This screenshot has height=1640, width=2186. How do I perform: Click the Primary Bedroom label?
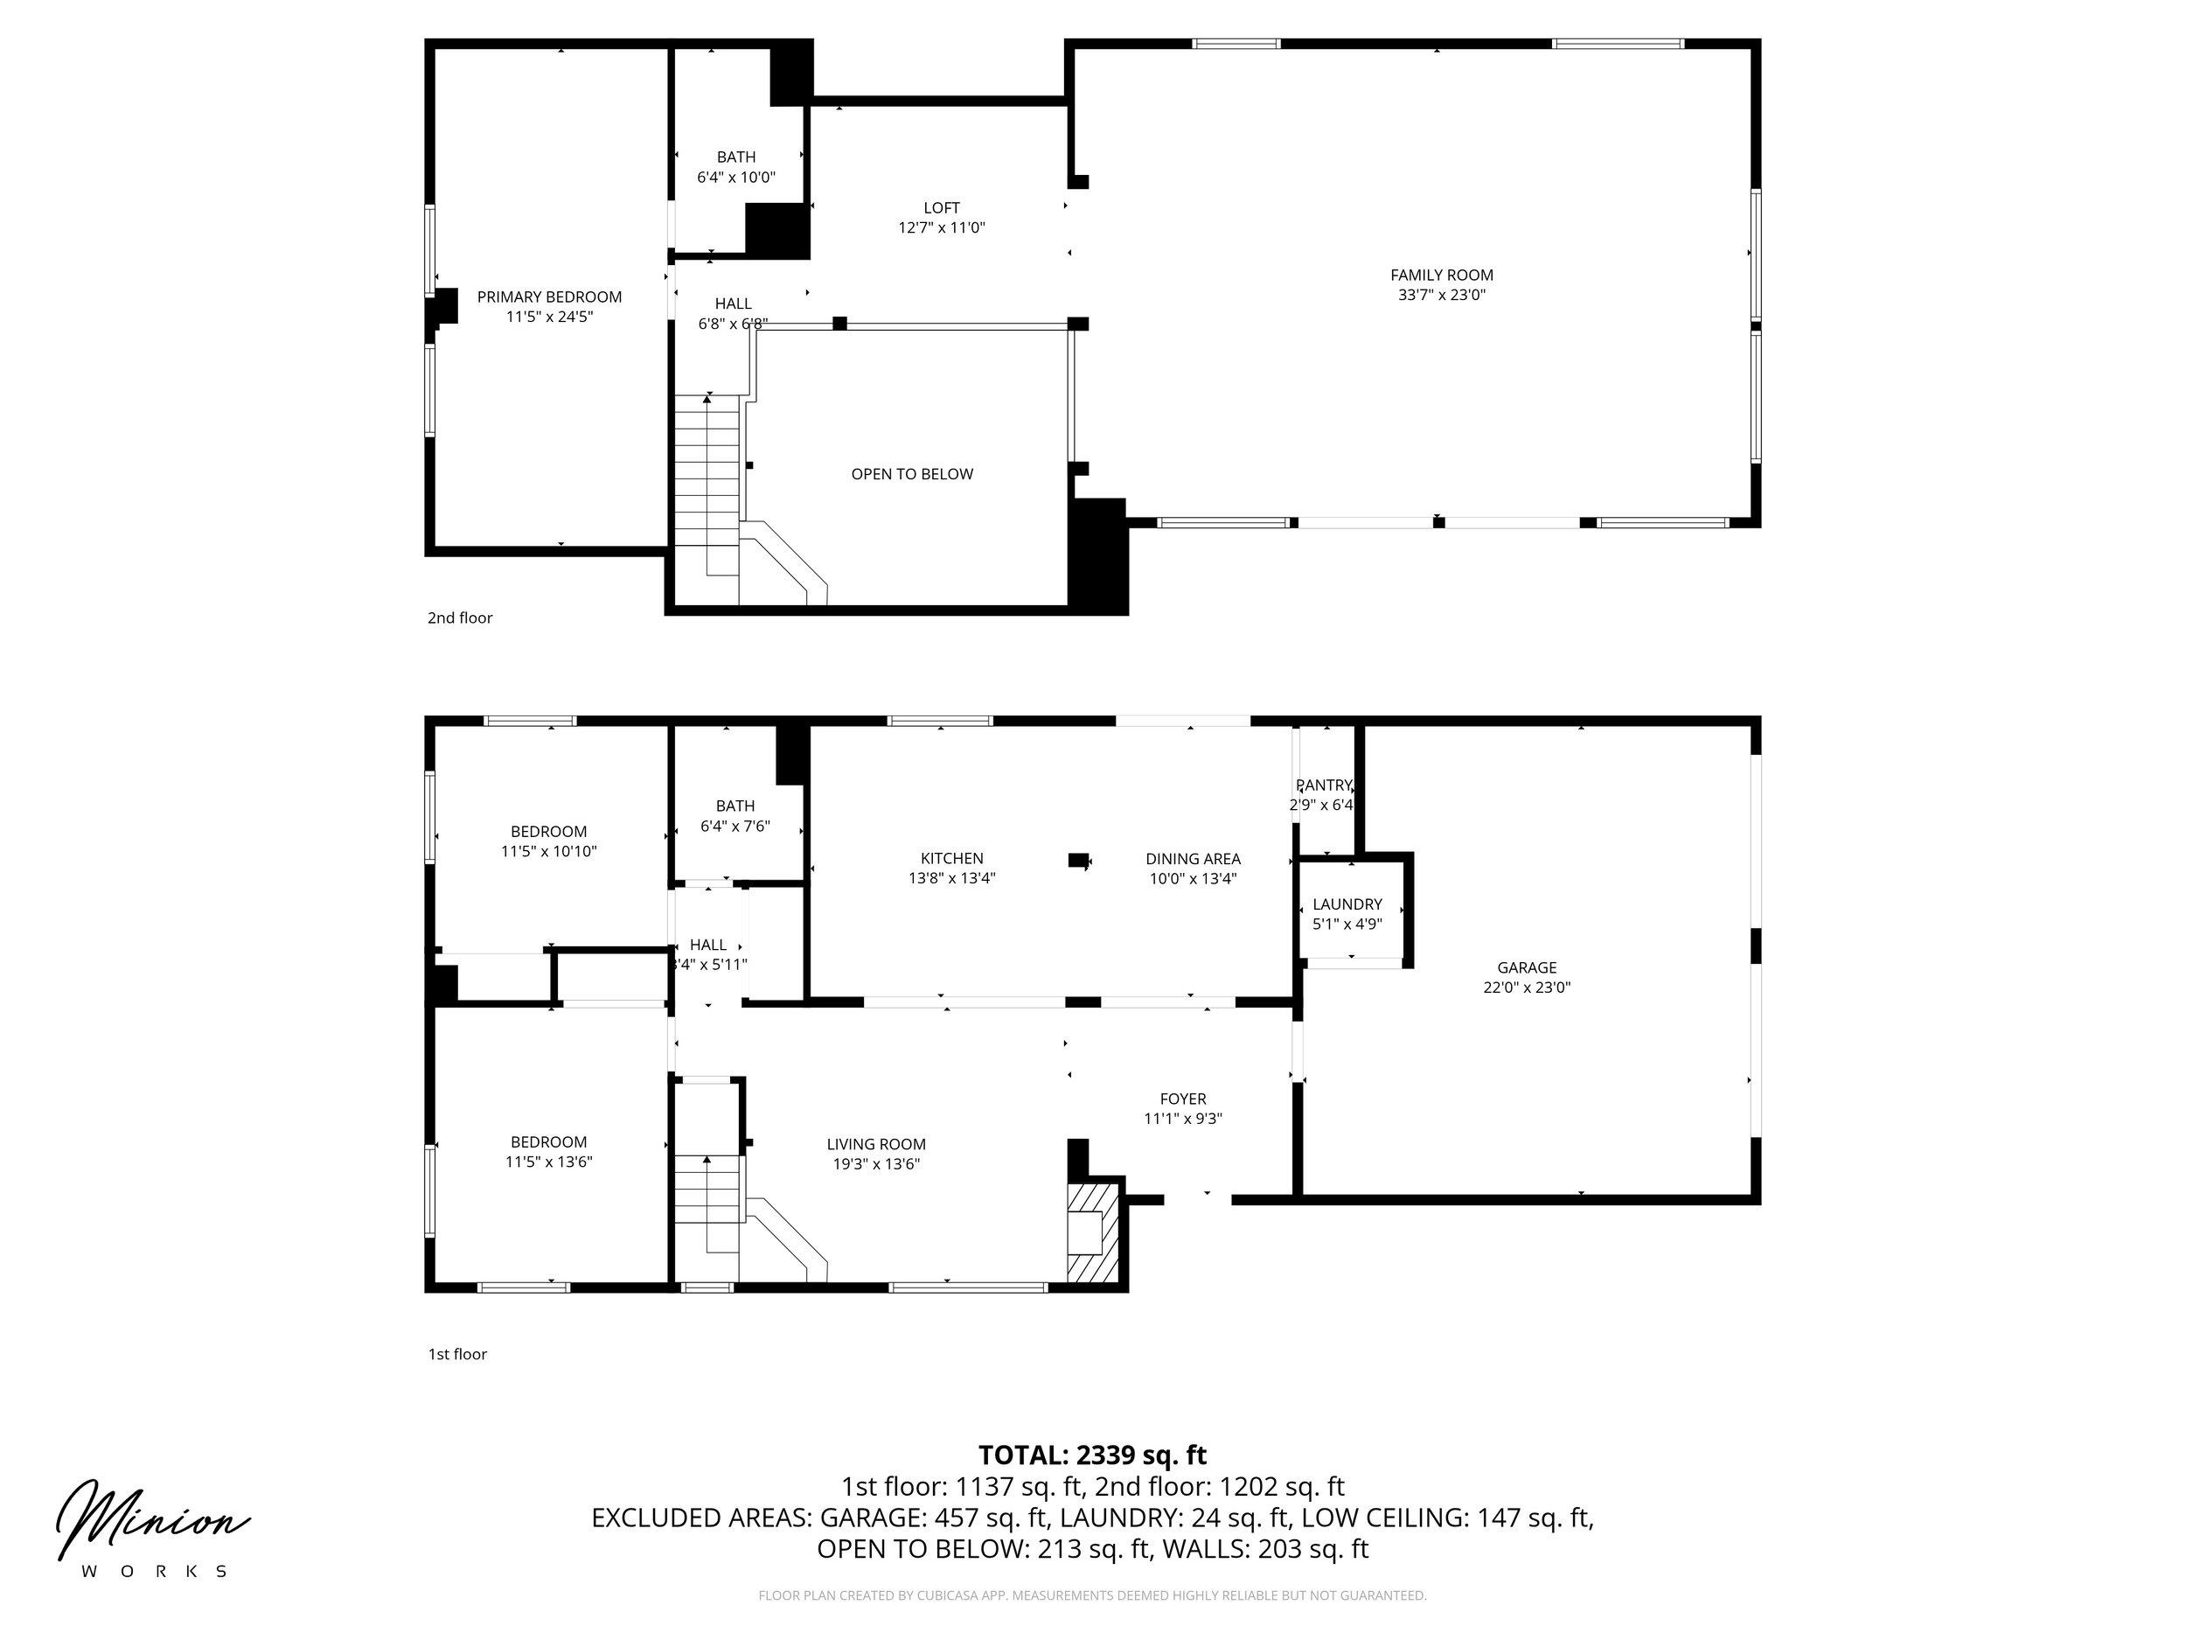tap(549, 297)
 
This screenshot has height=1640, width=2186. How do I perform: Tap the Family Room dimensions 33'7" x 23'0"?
tap(1442, 295)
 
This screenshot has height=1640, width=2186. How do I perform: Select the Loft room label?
tap(941, 207)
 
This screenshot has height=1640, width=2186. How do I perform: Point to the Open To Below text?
tap(912, 473)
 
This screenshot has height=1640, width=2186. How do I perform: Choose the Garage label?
tap(1527, 967)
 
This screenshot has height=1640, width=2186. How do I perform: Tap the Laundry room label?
tap(1347, 904)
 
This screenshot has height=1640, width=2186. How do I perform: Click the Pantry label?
tap(1324, 785)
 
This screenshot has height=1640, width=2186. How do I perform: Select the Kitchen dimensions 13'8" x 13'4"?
tap(951, 878)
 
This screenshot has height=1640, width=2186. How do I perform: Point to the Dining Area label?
tap(1193, 859)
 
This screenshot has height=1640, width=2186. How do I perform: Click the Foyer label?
tap(1183, 1099)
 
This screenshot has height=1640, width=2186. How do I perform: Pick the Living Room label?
tap(876, 1145)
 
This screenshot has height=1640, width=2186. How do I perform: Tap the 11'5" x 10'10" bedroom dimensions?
tap(548, 851)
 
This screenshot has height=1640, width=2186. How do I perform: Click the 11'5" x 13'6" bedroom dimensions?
tap(548, 1162)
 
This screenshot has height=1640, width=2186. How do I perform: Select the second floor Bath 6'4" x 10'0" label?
tap(736, 167)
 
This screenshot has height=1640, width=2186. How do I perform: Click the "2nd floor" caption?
tap(460, 618)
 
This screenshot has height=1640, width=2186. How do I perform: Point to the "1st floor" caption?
tap(457, 1354)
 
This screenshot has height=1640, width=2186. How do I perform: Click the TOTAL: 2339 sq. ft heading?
tap(1092, 1455)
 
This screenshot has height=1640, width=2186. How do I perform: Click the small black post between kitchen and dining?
tap(1078, 860)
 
